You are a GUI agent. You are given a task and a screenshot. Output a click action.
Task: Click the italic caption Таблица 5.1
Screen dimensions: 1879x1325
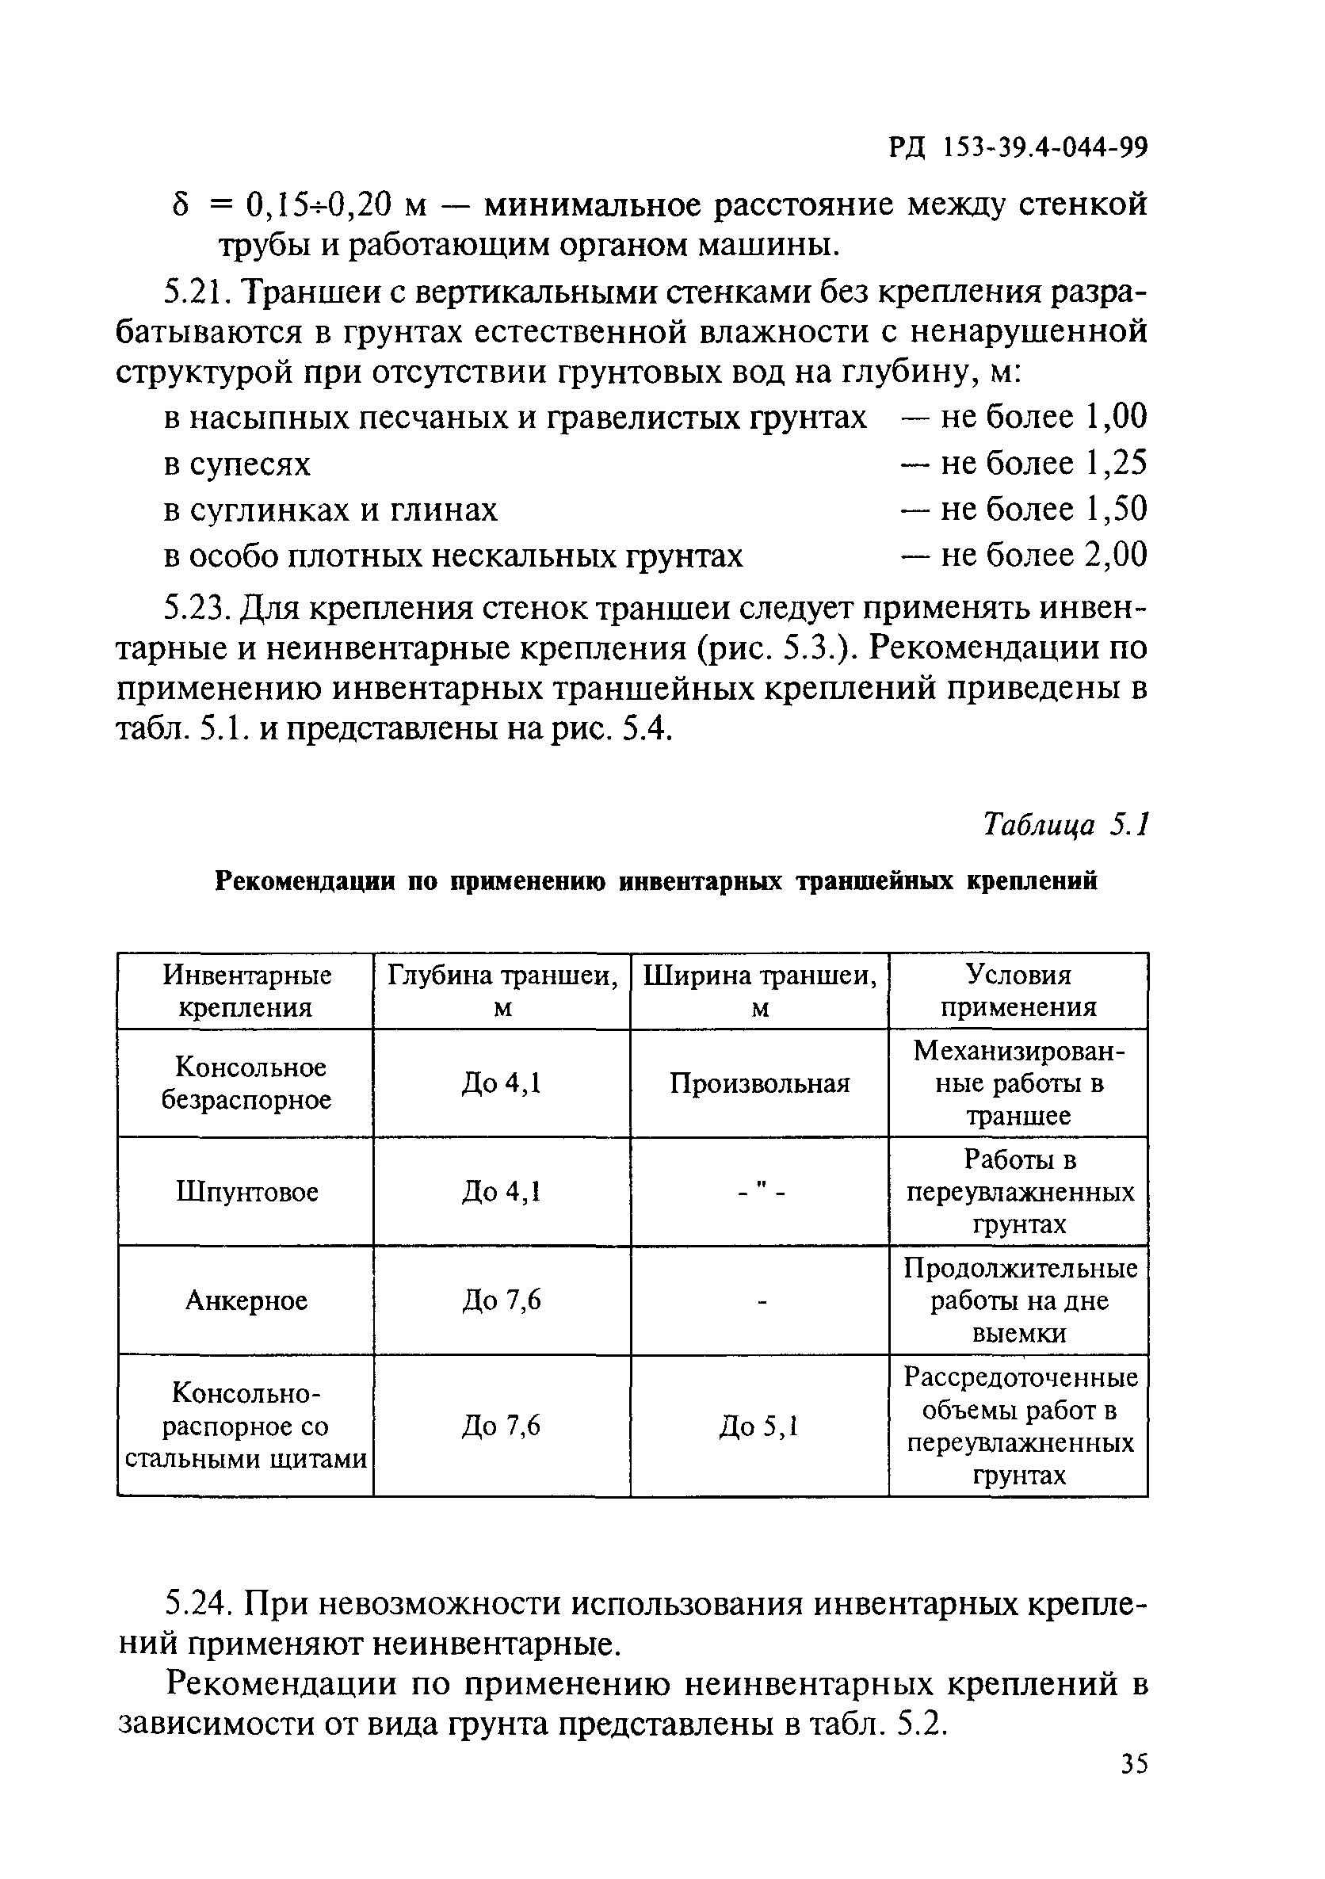[x=1066, y=824]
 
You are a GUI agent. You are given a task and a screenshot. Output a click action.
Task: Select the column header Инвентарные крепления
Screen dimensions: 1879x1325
[x=246, y=991]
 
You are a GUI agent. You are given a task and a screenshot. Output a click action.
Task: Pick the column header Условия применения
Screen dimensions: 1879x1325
[x=1018, y=991]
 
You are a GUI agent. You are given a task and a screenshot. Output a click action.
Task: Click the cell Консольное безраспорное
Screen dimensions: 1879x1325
[x=246, y=1083]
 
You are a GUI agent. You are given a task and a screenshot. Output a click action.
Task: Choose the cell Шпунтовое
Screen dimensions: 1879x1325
[x=246, y=1192]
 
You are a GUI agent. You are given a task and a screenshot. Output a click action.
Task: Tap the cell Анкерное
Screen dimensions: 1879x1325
[x=246, y=1300]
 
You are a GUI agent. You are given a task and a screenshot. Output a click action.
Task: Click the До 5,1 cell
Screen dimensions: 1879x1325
[x=758, y=1426]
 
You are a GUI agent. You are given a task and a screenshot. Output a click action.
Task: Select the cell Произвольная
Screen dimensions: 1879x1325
[x=759, y=1083]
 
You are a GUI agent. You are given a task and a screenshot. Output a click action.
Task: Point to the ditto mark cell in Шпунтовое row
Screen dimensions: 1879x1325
[x=759, y=1193]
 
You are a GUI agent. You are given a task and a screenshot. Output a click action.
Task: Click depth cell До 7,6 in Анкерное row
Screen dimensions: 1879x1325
[x=502, y=1300]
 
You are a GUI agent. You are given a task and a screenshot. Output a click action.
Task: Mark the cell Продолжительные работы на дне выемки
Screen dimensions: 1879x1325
[x=1019, y=1300]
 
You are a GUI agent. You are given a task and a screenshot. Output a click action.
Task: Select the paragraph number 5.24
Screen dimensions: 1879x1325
[x=197, y=1603]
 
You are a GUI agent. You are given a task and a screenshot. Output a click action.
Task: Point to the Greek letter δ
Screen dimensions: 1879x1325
[x=181, y=204]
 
